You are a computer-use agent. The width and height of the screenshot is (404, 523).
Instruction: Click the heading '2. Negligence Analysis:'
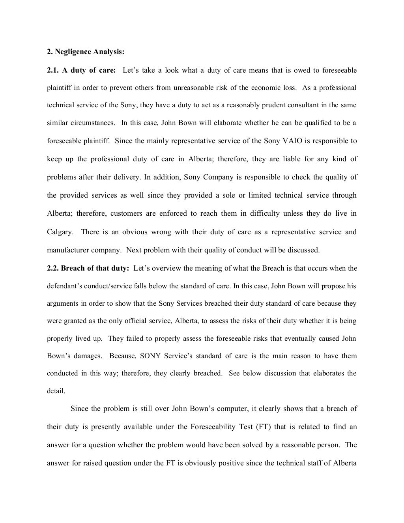click(x=86, y=52)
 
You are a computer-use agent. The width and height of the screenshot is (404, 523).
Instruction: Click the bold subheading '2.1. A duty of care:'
click(x=82, y=71)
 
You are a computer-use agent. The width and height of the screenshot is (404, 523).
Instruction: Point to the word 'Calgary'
click(x=60, y=232)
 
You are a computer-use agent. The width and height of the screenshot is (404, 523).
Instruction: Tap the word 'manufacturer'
click(x=66, y=250)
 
